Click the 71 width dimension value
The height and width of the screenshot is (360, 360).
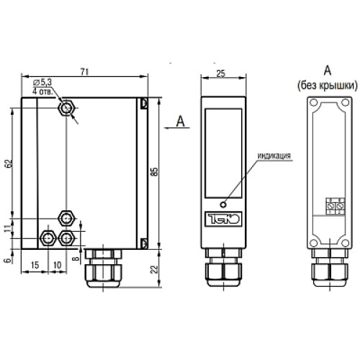point(85,72)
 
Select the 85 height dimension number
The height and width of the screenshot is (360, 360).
point(155,171)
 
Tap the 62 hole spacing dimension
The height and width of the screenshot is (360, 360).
point(9,163)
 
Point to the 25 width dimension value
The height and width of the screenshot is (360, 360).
point(221,73)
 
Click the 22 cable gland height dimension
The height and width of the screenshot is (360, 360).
point(155,269)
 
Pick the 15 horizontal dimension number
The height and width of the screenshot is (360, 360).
point(35,265)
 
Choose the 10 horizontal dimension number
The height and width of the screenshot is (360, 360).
point(58,265)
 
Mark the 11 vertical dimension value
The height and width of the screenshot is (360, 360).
point(9,228)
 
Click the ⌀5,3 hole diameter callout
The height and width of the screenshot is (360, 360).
point(42,82)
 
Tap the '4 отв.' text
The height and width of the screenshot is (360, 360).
point(42,91)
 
